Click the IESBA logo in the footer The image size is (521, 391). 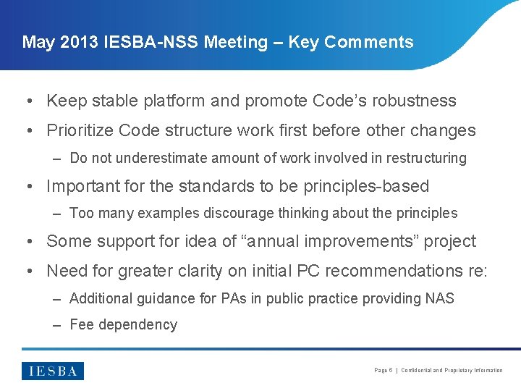click(53, 371)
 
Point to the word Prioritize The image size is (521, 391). click(79, 131)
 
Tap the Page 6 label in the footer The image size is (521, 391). click(383, 371)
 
